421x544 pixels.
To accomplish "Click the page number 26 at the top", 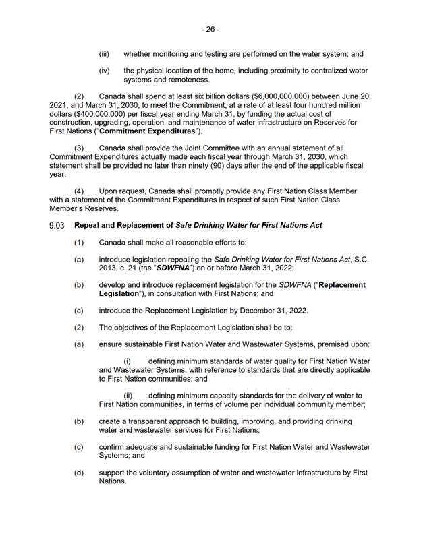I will pos(210,30).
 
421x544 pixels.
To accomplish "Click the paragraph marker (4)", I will pos(79,191).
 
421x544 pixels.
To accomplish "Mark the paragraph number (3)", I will pos(79,147).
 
